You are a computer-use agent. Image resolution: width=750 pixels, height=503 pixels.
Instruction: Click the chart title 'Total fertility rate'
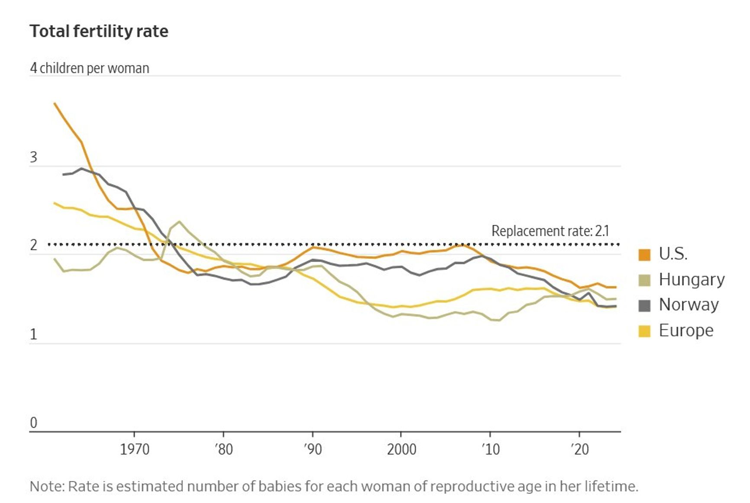click(99, 32)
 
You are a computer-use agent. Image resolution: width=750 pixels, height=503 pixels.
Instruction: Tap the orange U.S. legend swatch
click(644, 255)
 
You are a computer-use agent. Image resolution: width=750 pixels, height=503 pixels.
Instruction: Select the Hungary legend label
click(692, 280)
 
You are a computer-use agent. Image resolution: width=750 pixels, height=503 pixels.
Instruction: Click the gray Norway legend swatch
click(644, 305)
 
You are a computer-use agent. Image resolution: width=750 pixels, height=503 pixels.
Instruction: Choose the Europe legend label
click(686, 331)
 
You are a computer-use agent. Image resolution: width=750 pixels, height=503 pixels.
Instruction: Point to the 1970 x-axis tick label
click(134, 449)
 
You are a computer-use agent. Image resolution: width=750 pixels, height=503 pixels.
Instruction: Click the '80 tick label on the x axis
click(223, 449)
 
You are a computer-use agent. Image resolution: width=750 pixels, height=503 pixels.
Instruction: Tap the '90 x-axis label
click(312, 449)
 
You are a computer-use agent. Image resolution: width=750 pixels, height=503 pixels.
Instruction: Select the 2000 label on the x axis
click(401, 449)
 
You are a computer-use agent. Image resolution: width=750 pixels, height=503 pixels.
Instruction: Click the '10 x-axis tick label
click(491, 449)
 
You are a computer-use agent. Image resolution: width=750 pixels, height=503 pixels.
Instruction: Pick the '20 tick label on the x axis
click(579, 449)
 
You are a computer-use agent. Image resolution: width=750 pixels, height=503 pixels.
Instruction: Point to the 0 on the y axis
click(33, 423)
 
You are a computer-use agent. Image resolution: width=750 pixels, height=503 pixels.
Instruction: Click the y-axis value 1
click(33, 334)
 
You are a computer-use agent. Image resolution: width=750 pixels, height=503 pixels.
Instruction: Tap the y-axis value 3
click(33, 158)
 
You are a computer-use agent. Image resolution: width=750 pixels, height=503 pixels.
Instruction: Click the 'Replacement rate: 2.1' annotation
click(550, 231)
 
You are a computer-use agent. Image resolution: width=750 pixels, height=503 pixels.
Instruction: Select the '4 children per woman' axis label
click(90, 68)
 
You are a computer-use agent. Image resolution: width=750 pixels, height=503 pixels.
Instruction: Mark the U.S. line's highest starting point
click(55, 104)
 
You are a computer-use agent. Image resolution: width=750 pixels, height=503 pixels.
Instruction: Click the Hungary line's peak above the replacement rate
click(179, 222)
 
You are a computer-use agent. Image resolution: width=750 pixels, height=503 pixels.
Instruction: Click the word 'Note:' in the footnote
click(47, 487)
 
